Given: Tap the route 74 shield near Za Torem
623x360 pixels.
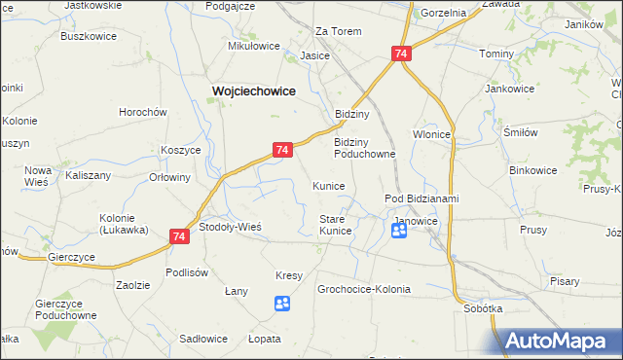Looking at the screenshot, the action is (x=401, y=55).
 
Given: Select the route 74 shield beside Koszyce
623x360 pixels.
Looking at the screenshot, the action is (x=280, y=150).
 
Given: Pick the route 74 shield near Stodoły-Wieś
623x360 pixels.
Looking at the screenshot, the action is (x=178, y=235).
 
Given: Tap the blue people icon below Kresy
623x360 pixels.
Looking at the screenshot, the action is (x=282, y=305).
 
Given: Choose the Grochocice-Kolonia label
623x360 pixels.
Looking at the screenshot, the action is (x=364, y=290).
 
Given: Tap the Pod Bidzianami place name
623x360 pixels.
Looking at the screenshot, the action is (x=421, y=198).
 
